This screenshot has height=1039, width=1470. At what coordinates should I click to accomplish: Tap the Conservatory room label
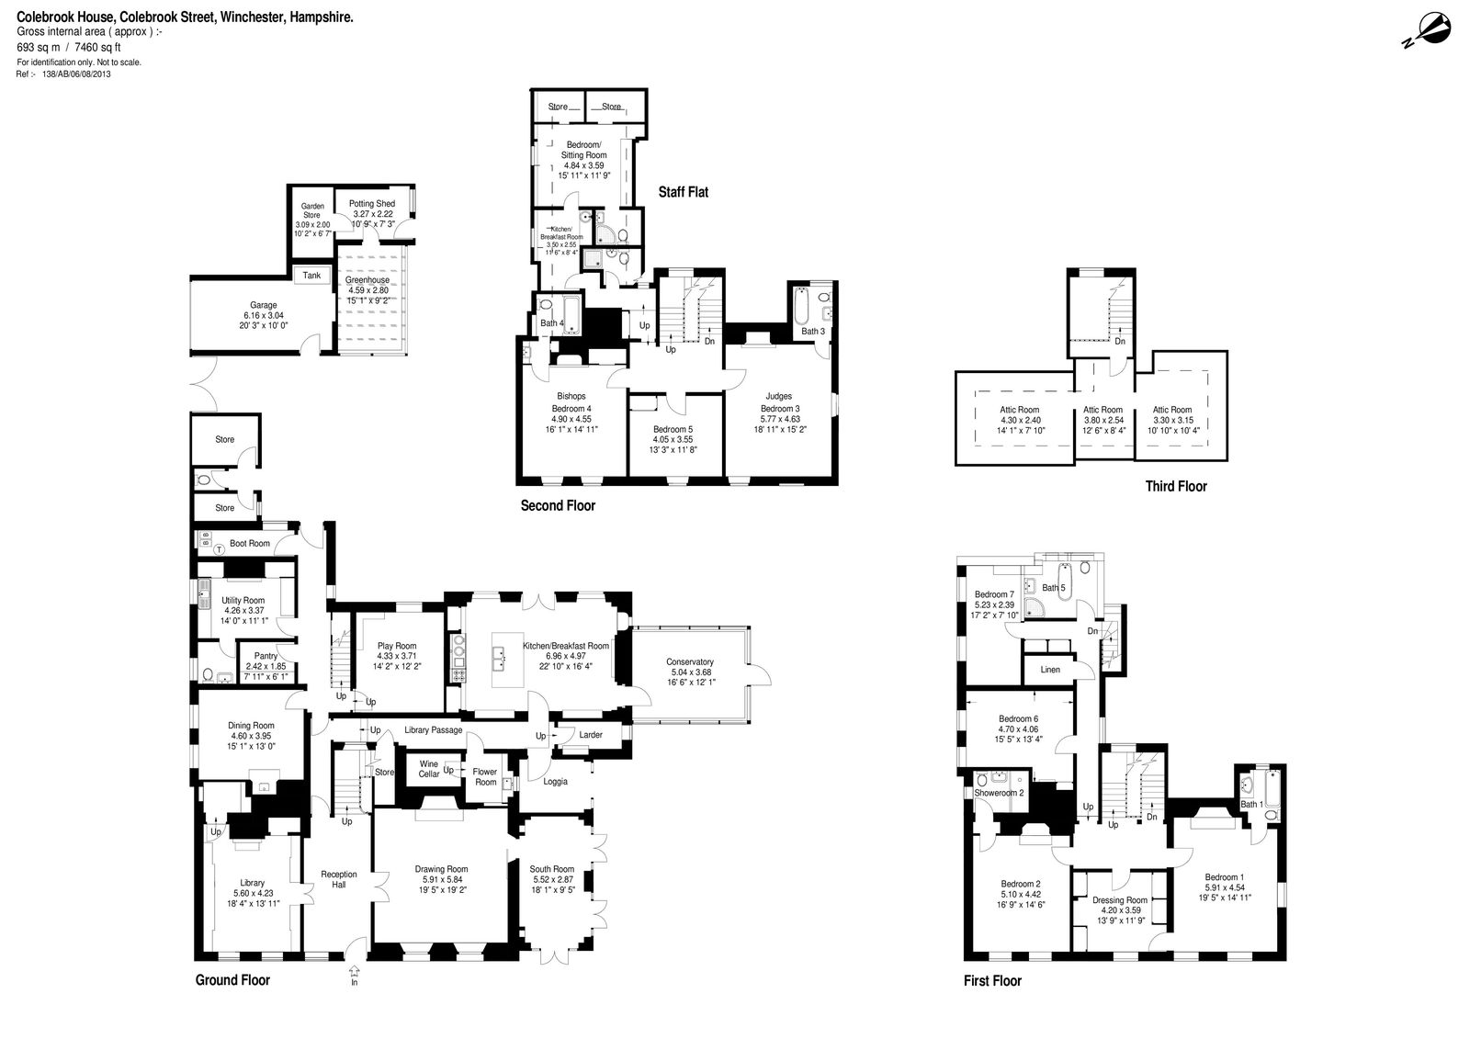689,661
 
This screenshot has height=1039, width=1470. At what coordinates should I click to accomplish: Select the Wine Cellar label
428,769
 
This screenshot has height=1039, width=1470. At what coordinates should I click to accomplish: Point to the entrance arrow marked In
355,971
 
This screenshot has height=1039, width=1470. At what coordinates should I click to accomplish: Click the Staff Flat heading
684,192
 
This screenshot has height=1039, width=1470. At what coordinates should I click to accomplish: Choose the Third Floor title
1176,486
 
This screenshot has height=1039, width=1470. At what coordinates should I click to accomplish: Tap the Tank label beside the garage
311,275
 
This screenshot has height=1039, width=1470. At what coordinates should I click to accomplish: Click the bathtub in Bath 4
571,315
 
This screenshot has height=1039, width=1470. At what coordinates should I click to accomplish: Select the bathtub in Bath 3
801,307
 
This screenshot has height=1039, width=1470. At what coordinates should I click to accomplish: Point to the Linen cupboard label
1050,670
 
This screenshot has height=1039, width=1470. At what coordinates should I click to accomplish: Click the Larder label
591,734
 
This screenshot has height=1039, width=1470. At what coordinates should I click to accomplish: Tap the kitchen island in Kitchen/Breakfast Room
507,659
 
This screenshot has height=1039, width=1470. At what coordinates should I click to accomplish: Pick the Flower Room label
485,776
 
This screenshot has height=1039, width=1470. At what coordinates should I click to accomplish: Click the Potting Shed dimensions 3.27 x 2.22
373,214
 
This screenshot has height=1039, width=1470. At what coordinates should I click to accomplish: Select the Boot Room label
249,544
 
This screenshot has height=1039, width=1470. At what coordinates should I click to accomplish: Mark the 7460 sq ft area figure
97,47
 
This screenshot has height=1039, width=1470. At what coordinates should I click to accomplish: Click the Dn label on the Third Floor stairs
1120,342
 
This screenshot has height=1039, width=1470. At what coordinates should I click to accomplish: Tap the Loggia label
555,781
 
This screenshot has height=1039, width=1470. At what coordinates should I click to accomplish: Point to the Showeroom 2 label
999,793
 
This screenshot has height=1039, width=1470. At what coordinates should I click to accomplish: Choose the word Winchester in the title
253,17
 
